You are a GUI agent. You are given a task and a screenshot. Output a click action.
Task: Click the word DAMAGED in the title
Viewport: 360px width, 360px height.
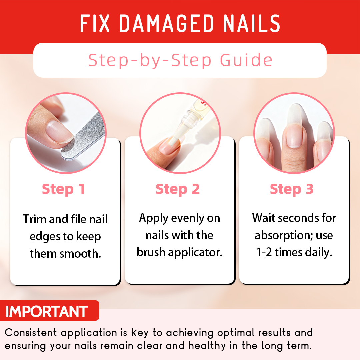click(166, 24)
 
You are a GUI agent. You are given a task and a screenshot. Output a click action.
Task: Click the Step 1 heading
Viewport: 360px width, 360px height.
click(63, 189)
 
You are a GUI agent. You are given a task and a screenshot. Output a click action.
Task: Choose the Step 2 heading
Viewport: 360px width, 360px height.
click(178, 189)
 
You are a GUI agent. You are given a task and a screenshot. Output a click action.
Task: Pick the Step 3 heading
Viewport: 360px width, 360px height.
click(292, 189)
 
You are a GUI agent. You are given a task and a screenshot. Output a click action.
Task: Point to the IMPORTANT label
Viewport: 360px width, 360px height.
click(47, 311)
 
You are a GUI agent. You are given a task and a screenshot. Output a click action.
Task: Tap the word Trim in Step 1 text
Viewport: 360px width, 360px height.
click(35, 219)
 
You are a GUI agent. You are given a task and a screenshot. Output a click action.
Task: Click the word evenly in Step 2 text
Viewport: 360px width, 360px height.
click(187, 218)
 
